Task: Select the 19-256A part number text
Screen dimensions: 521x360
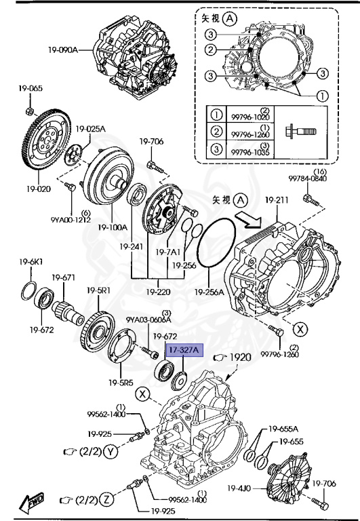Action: pos(209,292)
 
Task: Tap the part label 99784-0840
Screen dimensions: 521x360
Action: pos(308,178)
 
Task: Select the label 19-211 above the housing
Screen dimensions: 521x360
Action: pos(277,200)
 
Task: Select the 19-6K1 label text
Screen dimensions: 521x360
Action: pos(31,262)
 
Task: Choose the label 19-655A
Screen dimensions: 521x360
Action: pos(283,428)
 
